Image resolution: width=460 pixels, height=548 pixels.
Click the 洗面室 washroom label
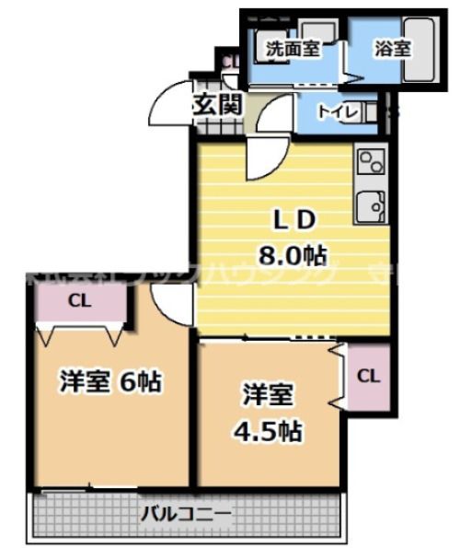[x=292, y=50]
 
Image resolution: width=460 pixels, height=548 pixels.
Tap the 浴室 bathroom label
[x=391, y=50]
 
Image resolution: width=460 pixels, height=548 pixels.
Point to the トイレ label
[x=333, y=111]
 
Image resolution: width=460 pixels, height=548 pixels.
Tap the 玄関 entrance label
[x=217, y=104]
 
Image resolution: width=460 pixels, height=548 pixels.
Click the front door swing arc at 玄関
[x=167, y=102]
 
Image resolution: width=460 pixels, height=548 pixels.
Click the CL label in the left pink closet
[x=78, y=300]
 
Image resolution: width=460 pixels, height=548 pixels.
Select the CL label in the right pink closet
[x=367, y=375]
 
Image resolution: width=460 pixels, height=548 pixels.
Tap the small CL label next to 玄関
[x=231, y=63]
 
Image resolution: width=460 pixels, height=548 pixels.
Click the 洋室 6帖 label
[x=111, y=380]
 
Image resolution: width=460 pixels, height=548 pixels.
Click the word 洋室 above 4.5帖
[x=268, y=396]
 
